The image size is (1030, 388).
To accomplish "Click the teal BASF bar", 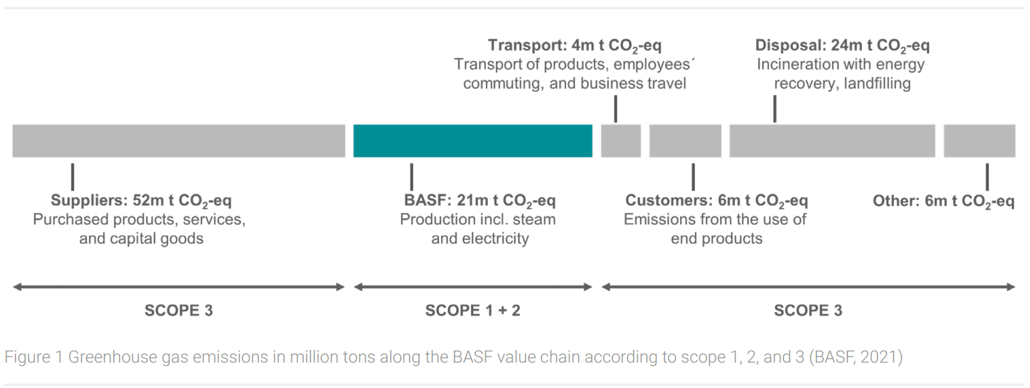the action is coord(473,140).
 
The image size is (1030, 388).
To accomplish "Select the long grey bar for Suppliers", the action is coord(179,140).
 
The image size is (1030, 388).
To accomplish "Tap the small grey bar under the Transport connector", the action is coord(621,140).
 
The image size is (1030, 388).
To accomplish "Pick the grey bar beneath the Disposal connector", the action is coord(833,140).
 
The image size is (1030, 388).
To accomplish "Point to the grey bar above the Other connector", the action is coord(979,140).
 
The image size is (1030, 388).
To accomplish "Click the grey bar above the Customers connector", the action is coord(685,140).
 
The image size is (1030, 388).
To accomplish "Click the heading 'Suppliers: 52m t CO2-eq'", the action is coord(141,201).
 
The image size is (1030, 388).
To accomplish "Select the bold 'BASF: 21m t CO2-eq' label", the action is coord(480,201).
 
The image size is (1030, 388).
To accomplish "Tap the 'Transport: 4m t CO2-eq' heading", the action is coord(575,46).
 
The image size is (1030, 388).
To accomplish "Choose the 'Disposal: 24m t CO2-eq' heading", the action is coord(843,46).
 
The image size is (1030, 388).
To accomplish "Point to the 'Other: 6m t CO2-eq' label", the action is coord(944,201).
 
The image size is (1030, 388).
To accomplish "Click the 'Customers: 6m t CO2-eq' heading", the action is coord(716,201).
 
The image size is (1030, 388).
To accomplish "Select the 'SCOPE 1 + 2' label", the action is coord(473,310).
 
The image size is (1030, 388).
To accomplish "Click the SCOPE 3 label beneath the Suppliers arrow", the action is coord(179,310).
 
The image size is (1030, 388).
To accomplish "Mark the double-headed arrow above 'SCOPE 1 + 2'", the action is coord(473,287).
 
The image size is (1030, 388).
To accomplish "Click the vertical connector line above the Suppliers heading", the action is coord(73,177).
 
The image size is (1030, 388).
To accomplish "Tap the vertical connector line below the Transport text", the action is coord(616,108).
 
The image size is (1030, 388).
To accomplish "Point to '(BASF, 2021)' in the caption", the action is coord(856,357).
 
